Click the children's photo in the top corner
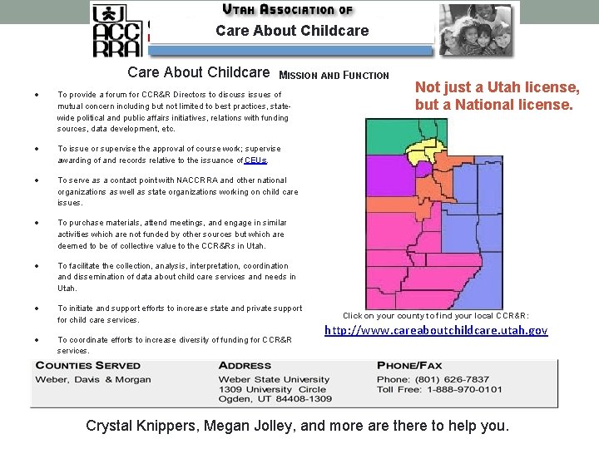tap(477, 29)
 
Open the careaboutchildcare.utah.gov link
tap(435, 330)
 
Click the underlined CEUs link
tap(255, 160)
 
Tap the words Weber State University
tap(262, 380)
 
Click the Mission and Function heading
tap(334, 76)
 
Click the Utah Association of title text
tap(288, 10)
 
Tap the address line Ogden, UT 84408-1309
tap(275, 399)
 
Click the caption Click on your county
tap(435, 315)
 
